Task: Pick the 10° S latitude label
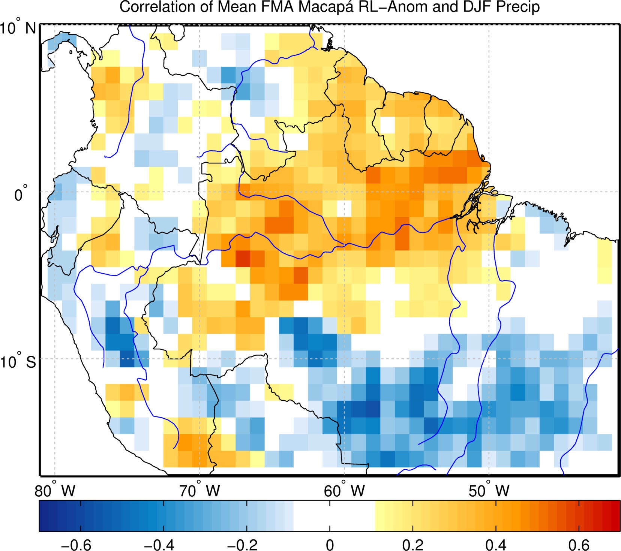click(x=18, y=361)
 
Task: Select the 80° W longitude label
click(x=55, y=490)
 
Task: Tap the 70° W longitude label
click(x=199, y=490)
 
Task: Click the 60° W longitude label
click(x=344, y=490)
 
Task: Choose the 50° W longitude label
click(x=489, y=490)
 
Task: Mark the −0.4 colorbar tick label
click(x=159, y=545)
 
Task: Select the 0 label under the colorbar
click(x=330, y=545)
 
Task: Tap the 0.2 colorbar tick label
click(x=413, y=545)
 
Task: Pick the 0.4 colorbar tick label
click(x=496, y=545)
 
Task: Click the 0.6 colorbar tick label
click(x=579, y=545)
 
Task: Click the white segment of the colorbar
click(x=334, y=516)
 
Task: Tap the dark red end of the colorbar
click(x=615, y=516)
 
